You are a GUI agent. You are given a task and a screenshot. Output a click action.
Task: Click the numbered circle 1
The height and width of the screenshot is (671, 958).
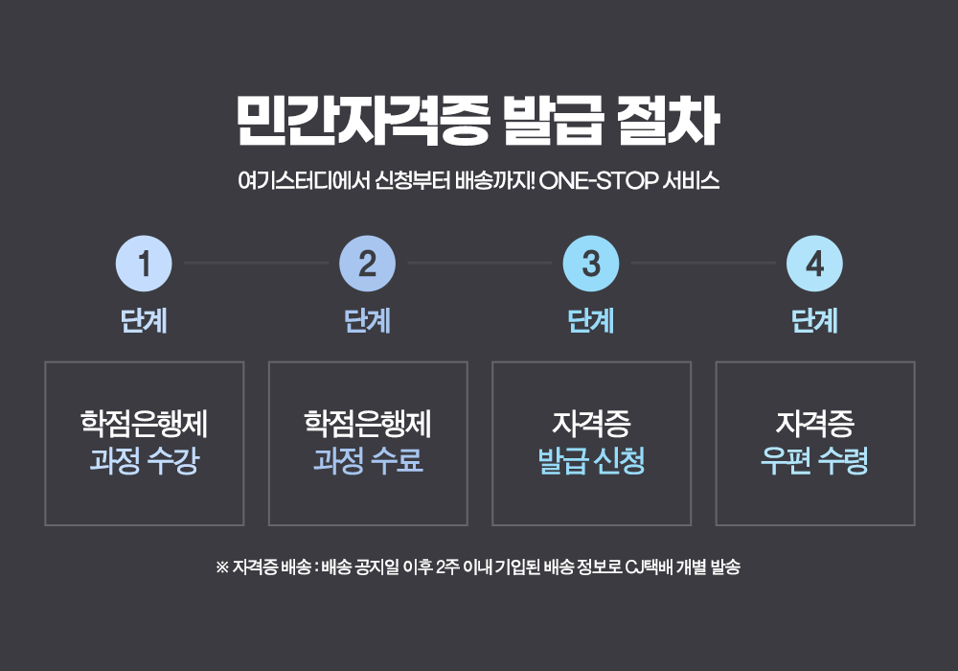click(144, 263)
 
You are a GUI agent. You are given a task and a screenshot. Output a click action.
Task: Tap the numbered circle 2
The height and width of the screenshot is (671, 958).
click(367, 263)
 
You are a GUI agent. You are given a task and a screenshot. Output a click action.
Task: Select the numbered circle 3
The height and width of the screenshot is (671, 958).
click(591, 263)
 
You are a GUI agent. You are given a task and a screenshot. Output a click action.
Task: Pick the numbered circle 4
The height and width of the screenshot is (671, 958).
click(814, 263)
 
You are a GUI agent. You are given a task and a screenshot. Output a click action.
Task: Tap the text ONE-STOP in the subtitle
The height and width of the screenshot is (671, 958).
click(598, 180)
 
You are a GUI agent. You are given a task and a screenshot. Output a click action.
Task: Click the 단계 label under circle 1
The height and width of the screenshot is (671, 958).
click(144, 321)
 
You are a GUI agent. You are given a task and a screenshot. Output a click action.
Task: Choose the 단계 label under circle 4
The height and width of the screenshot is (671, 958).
click(814, 321)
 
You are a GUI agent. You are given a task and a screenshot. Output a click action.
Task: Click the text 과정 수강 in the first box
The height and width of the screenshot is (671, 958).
click(144, 462)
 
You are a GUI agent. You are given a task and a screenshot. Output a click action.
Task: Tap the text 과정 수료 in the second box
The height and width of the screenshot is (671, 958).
click(367, 462)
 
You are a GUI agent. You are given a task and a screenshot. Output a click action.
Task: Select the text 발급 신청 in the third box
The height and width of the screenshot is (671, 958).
click(591, 462)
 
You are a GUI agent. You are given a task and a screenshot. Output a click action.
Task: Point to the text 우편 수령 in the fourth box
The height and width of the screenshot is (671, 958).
click(814, 462)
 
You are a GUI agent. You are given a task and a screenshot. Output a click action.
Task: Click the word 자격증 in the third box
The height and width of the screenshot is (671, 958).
click(591, 423)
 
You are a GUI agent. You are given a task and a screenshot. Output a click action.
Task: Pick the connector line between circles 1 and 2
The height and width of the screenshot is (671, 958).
click(256, 262)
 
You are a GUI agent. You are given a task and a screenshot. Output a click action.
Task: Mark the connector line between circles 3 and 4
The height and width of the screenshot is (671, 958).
click(703, 262)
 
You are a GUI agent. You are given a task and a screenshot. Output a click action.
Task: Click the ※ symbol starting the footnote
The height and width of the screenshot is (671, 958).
click(222, 567)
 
